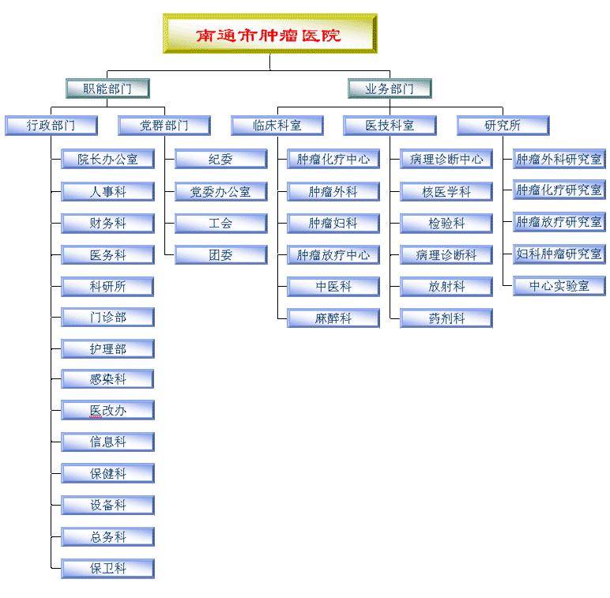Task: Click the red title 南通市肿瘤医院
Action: [x=268, y=36]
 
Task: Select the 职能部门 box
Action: [x=107, y=88]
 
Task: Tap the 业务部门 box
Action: [x=390, y=88]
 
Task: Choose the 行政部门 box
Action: [x=51, y=125]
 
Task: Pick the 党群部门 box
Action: [x=164, y=125]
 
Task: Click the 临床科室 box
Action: [x=277, y=125]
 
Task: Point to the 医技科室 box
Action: [x=390, y=125]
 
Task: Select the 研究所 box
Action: [x=503, y=125]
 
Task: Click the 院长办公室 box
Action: [x=107, y=159]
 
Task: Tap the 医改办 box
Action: [x=107, y=410]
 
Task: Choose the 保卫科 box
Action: [x=107, y=569]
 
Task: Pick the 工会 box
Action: [x=221, y=224]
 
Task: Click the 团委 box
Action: [x=221, y=254]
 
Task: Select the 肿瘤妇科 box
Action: [x=333, y=224]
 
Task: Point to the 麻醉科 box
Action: [x=333, y=318]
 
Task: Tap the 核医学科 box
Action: [x=446, y=191]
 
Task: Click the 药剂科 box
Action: [x=446, y=318]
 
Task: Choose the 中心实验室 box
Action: [x=559, y=286]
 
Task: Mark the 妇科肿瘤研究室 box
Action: [x=559, y=254]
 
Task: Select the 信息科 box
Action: [x=107, y=442]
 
